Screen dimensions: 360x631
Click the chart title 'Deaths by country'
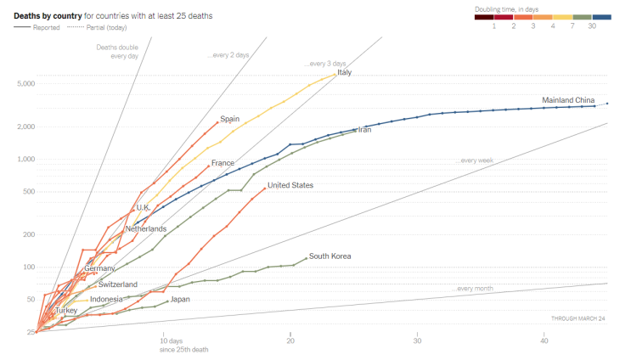click(x=48, y=15)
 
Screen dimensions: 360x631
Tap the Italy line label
click(x=344, y=73)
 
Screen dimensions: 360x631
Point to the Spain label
click(x=230, y=119)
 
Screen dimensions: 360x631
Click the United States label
click(x=290, y=185)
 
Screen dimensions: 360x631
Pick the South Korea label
click(x=330, y=256)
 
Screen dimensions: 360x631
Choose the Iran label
click(x=364, y=130)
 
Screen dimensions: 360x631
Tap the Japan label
click(x=180, y=299)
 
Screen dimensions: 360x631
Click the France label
click(x=223, y=163)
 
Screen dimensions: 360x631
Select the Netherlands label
click(x=145, y=229)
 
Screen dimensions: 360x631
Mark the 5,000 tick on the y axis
click(x=24, y=83)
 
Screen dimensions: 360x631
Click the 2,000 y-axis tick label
click(x=24, y=127)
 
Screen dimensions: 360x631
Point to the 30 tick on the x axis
click(x=417, y=341)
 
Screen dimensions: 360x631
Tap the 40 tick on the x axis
click(x=544, y=341)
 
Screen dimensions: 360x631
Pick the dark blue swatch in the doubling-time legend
click(x=601, y=16)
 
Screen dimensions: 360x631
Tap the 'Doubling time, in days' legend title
click(x=508, y=8)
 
